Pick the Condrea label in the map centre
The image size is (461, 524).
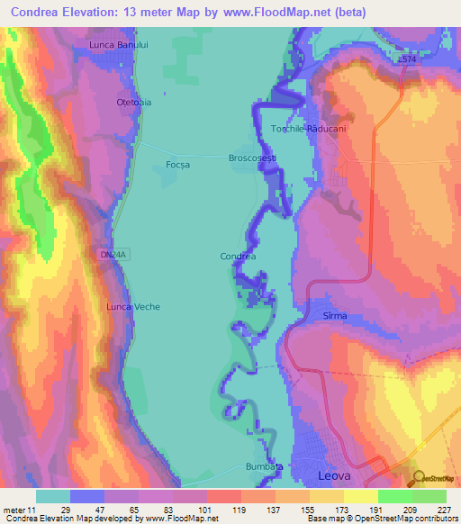[238, 257]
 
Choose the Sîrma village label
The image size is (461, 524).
[334, 316]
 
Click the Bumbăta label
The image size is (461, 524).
[264, 466]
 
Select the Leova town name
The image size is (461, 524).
[338, 474]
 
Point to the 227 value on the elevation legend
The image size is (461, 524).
[444, 510]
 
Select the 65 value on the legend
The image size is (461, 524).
[136, 510]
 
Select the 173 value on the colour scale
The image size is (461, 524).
[341, 510]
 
